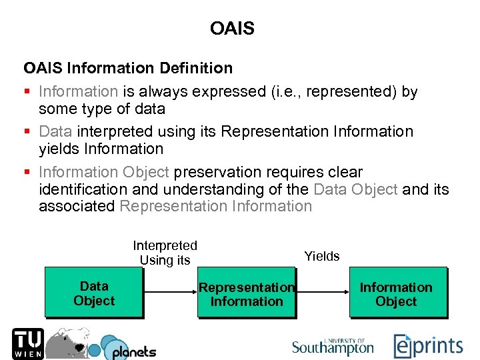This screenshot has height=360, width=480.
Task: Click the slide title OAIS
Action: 231,29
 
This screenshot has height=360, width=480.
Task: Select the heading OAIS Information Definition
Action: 128,68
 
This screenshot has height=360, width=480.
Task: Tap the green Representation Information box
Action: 246,294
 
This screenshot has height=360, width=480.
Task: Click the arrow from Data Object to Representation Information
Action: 169,292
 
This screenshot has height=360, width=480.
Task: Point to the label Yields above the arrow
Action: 322,256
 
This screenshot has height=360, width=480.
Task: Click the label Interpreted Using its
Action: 165,253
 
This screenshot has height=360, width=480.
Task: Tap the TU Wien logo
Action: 27,343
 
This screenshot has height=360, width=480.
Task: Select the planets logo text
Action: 133,351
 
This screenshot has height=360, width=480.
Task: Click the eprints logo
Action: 427,346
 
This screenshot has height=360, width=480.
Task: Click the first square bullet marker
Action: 27,92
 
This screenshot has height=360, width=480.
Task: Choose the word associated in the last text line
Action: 77,206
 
